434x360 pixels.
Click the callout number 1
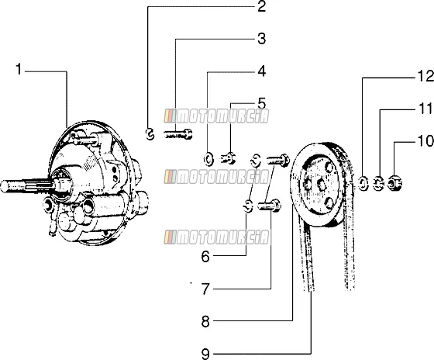click(x=19, y=69)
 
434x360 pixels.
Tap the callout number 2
click(x=262, y=6)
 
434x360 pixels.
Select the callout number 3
click(x=262, y=39)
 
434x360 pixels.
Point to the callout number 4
click(x=262, y=71)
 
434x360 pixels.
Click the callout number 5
click(x=262, y=103)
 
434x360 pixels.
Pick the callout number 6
click(x=205, y=257)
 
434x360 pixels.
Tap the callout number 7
click(x=205, y=289)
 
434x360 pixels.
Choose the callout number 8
click(x=205, y=322)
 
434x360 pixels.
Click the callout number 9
click(x=205, y=354)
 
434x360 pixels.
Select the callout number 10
click(x=425, y=141)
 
